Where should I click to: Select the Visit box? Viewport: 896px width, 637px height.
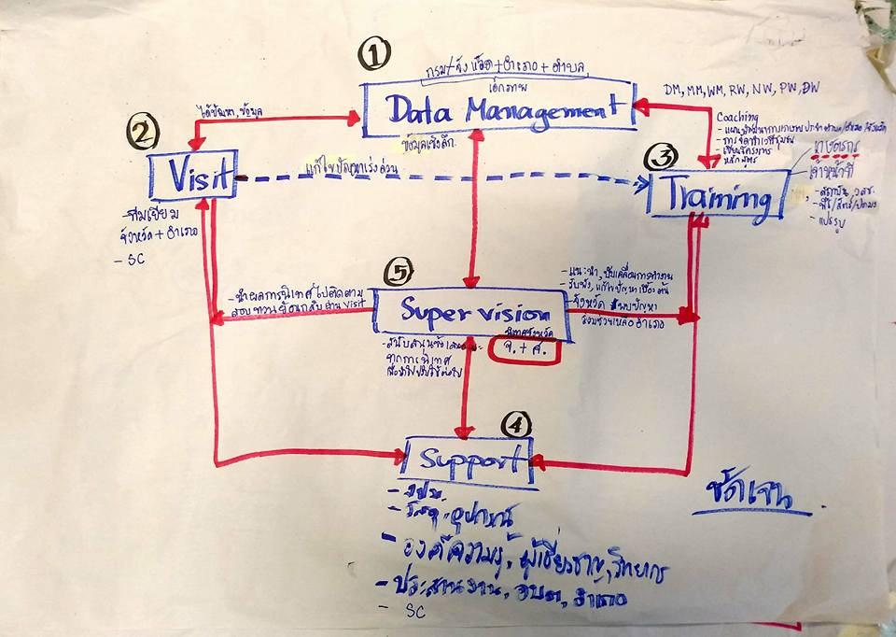pos(193,175)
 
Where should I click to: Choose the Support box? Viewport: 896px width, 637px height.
pos(468,460)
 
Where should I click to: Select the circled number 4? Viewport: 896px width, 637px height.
pos(516,425)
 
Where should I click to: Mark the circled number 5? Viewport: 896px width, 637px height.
pos(399,273)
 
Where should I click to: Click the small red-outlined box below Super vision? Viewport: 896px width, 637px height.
pos(525,350)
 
